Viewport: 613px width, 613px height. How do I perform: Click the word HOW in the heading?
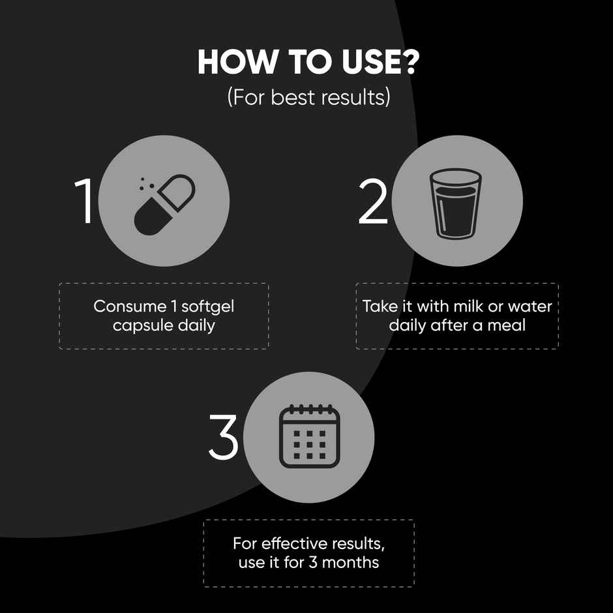pyautogui.click(x=236, y=62)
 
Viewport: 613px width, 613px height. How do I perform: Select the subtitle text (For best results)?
pyautogui.click(x=309, y=97)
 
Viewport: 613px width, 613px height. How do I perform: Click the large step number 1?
pyautogui.click(x=84, y=201)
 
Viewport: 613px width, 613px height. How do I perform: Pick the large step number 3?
pyautogui.click(x=223, y=436)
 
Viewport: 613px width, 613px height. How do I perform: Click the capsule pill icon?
pyautogui.click(x=164, y=205)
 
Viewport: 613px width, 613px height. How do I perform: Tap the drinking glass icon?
pyautogui.click(x=455, y=203)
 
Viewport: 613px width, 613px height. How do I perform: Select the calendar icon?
pyautogui.click(x=309, y=436)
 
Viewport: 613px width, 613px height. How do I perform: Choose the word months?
pyautogui.click(x=350, y=563)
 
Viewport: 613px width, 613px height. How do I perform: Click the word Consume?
pyautogui.click(x=130, y=306)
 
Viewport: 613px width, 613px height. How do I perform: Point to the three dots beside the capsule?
pyautogui.click(x=147, y=184)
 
